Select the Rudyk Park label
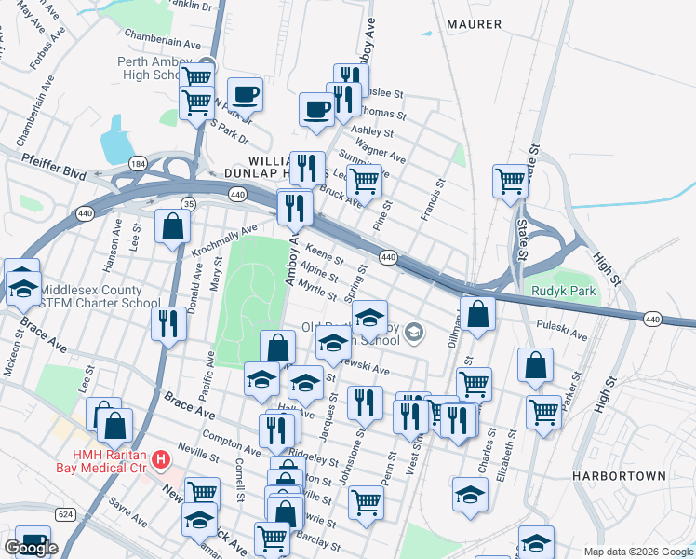pyautogui.click(x=562, y=291)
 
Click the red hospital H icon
pyautogui.click(x=161, y=459)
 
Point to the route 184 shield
pyautogui.click(x=139, y=164)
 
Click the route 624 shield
pyautogui.click(x=65, y=513)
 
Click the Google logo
pyautogui.click(x=31, y=548)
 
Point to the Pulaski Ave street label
pyautogui.click(x=563, y=329)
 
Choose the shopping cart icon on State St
pyautogui.click(x=511, y=181)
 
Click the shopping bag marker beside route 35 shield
pyautogui.click(x=173, y=225)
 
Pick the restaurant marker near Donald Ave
pyautogui.click(x=168, y=324)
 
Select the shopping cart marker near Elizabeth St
pyautogui.click(x=543, y=411)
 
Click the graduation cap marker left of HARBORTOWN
pyautogui.click(x=471, y=494)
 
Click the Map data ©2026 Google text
pyautogui.click(x=637, y=552)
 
